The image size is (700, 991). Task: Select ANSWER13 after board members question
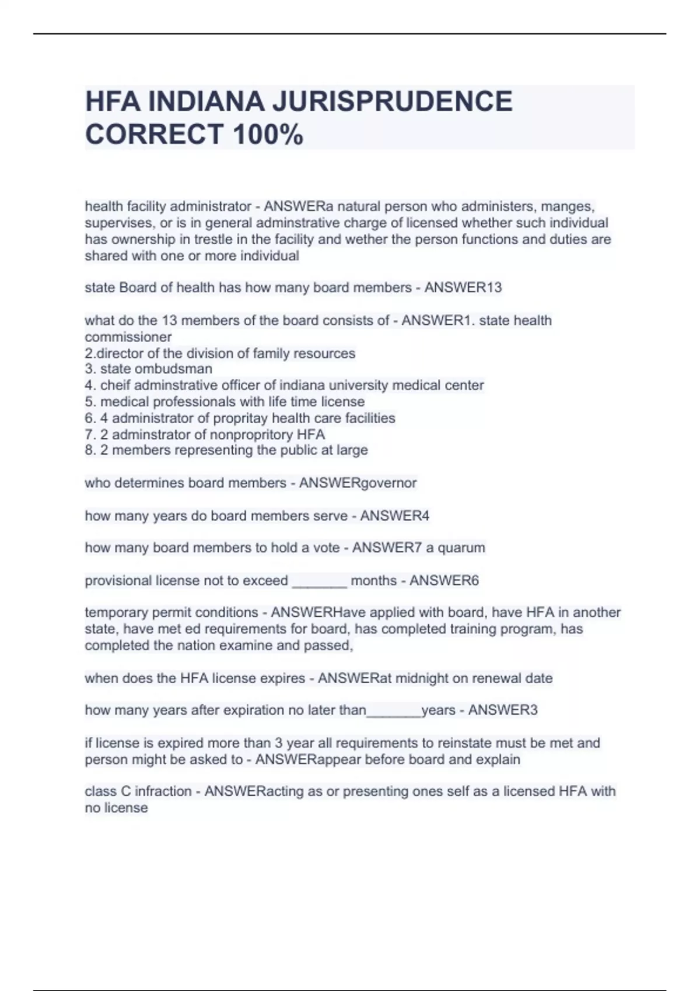[463, 287]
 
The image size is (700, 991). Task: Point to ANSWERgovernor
[358, 483]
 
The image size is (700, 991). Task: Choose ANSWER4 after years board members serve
[394, 515]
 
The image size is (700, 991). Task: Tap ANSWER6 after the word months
[444, 581]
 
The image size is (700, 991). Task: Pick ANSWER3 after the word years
[503, 710]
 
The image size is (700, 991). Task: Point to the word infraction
[163, 791]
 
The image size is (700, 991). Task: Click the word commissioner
[128, 337]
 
